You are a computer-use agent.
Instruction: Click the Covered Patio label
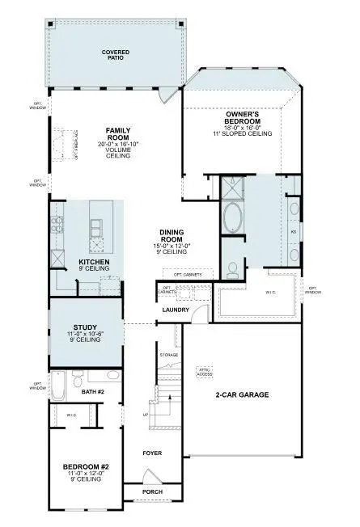(115, 54)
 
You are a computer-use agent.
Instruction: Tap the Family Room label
(118, 133)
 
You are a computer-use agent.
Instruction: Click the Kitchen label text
(94, 263)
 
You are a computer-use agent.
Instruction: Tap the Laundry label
(175, 310)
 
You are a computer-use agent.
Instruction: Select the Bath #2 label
(95, 393)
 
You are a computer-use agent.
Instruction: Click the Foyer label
(152, 453)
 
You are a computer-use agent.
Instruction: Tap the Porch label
(152, 491)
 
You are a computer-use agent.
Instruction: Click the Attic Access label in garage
(204, 371)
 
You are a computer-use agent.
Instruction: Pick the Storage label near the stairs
(169, 354)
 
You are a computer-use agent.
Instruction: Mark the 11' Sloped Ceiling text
(242, 133)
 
